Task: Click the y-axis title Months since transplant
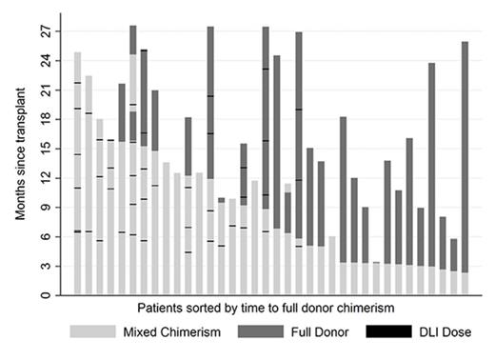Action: (x=20, y=157)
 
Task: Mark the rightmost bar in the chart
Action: (x=465, y=162)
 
